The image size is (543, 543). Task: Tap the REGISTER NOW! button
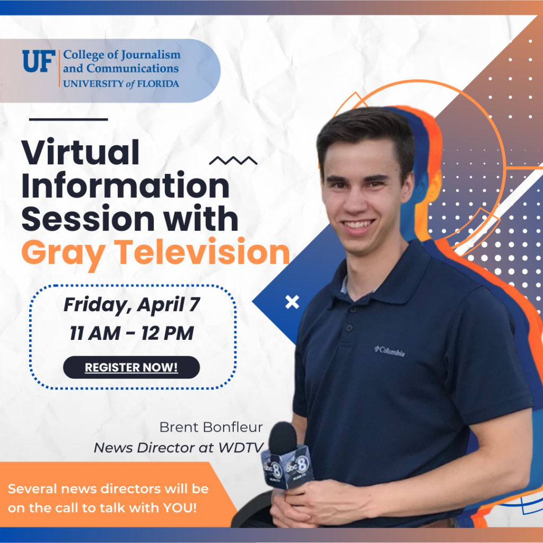[x=131, y=367]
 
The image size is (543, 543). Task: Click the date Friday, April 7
[x=132, y=305]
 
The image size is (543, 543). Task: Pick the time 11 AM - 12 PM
[x=132, y=334]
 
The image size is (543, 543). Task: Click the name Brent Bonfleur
[x=211, y=427]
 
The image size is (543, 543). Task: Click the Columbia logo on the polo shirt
[x=390, y=351]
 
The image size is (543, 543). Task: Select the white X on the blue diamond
[x=292, y=302]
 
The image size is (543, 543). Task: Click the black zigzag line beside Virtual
[x=233, y=160]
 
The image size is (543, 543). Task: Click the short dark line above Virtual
[x=68, y=119]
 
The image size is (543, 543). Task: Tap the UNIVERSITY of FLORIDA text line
[x=121, y=83]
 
